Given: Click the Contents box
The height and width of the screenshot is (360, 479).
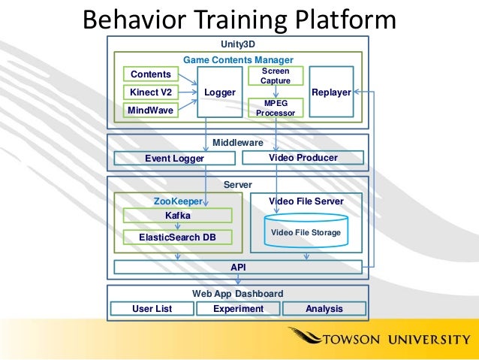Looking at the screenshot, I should (x=151, y=74).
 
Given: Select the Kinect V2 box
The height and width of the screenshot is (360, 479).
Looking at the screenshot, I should (x=151, y=92).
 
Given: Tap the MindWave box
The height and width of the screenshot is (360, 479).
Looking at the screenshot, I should (x=151, y=110).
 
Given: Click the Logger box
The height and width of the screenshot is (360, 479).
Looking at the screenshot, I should (x=219, y=92).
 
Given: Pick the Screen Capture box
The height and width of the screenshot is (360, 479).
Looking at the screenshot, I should (x=275, y=75).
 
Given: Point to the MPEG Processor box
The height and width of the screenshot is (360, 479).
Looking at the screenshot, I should (x=275, y=108).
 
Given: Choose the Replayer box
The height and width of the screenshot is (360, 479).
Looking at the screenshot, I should (x=331, y=92).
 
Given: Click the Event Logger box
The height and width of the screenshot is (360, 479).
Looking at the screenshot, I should (x=174, y=158).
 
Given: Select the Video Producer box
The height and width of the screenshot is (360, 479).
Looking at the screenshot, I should (x=303, y=158).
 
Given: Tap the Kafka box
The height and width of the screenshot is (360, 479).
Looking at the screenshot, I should (x=177, y=215).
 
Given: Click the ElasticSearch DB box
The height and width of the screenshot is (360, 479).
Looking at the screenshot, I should (x=177, y=237).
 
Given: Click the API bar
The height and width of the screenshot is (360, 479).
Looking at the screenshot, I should (x=238, y=267).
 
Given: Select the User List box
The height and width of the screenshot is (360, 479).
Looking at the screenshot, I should (x=152, y=309).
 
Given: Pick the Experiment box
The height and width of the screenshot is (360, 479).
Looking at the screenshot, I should (x=238, y=309).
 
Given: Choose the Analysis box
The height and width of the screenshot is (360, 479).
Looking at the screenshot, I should (x=324, y=309).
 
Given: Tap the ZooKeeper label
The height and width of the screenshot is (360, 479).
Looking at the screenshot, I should (x=178, y=201).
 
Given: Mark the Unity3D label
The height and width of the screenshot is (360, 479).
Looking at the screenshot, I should (x=238, y=44).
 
